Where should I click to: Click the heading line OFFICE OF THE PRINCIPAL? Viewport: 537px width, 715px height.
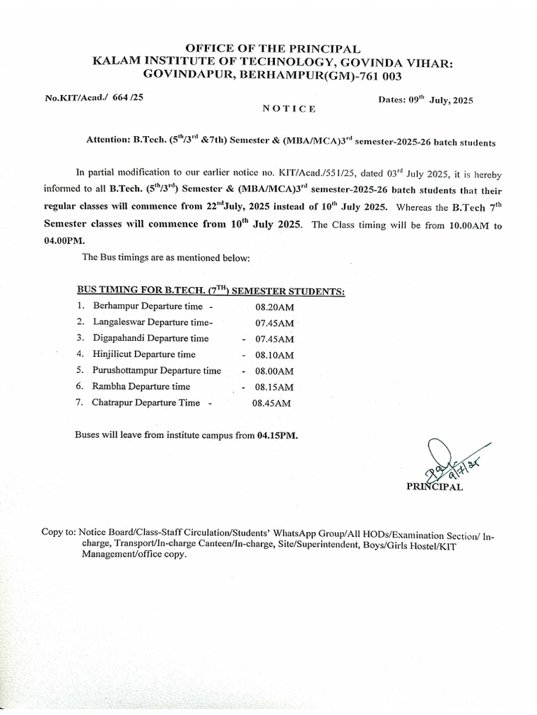click(x=268, y=49)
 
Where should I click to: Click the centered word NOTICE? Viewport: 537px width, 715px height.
click(x=289, y=109)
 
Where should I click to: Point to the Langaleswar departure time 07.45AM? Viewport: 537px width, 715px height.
click(x=274, y=323)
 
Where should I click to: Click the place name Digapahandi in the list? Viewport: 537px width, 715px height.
click(x=121, y=339)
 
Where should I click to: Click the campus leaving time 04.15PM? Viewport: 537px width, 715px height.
click(x=276, y=435)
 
